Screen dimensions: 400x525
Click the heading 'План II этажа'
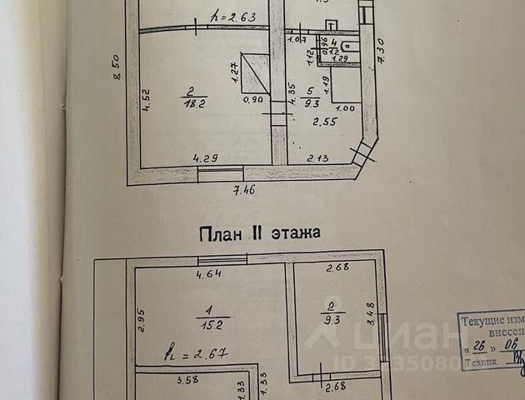pos(259,233)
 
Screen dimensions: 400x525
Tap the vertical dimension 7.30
pos(380,52)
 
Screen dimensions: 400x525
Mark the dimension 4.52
pos(146,100)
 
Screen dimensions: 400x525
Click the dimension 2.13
pos(317,158)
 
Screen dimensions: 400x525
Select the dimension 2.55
pos(325,122)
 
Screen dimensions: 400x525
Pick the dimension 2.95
pos(142,321)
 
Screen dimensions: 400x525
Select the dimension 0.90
pos(252,99)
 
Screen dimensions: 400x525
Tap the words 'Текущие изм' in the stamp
pos(492,321)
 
